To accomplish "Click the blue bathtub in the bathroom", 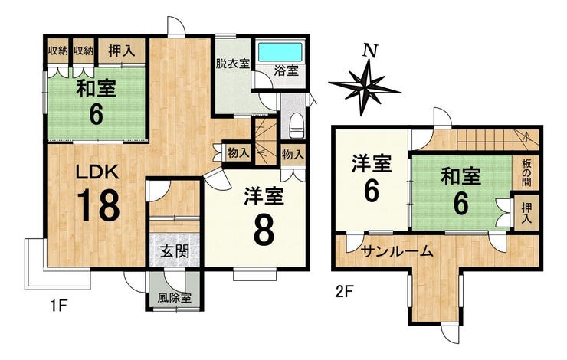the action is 280,52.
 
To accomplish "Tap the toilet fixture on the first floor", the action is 297,125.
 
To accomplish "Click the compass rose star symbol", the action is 365,87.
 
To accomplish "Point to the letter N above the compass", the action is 370,51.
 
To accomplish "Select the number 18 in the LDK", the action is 98,205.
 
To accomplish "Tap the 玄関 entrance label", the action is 175,251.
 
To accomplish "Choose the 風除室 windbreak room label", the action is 174,298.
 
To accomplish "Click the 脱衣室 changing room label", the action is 232,64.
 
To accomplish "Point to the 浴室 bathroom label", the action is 286,70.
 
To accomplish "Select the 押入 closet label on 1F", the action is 122,51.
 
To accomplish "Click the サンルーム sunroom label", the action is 397,250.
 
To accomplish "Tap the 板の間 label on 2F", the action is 526,173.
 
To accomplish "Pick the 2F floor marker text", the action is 343,291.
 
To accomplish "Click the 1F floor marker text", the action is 58,306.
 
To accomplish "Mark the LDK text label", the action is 97,172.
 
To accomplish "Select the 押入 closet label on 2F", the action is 526,213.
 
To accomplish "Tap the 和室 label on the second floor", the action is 460,177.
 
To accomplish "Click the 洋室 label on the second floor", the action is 372,164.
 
